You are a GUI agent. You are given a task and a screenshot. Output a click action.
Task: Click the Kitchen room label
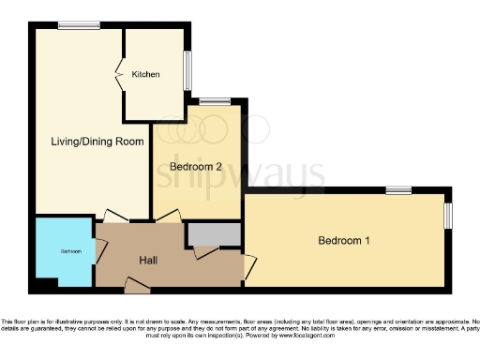[145, 74]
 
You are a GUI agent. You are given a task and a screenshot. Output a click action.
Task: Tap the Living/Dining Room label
[97, 142]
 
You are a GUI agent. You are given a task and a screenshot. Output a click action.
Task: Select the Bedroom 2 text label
[195, 167]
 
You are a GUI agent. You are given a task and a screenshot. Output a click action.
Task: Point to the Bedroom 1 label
[343, 241]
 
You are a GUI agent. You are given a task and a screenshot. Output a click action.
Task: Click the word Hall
[148, 260]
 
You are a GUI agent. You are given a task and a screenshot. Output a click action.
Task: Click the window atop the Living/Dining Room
[72, 25]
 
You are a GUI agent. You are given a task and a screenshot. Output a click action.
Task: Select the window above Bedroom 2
[215, 100]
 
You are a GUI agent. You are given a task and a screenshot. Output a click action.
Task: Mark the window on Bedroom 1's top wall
[397, 191]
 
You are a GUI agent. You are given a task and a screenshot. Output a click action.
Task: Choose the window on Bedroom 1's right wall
[447, 215]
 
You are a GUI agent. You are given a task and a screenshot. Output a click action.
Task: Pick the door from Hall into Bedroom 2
[169, 216]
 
